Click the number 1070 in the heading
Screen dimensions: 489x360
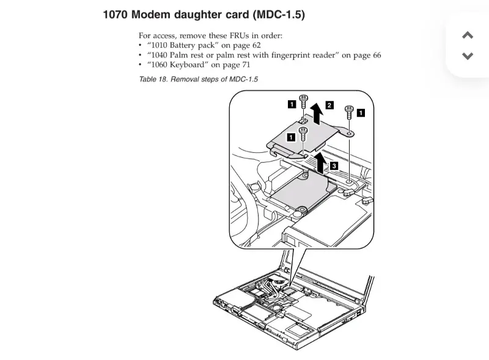point(116,15)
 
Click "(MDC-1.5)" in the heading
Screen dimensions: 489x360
point(279,15)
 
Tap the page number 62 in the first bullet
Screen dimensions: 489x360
point(256,45)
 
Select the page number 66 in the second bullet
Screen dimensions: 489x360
point(377,55)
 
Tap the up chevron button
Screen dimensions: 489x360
point(468,35)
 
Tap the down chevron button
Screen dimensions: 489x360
point(468,56)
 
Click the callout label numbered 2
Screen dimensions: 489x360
point(329,105)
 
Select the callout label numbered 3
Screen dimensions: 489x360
point(334,166)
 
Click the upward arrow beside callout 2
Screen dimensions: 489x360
point(317,114)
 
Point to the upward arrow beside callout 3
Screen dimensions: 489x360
point(320,163)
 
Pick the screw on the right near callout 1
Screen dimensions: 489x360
point(349,112)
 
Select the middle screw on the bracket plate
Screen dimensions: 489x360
point(303,134)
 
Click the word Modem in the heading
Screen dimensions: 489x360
point(150,15)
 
